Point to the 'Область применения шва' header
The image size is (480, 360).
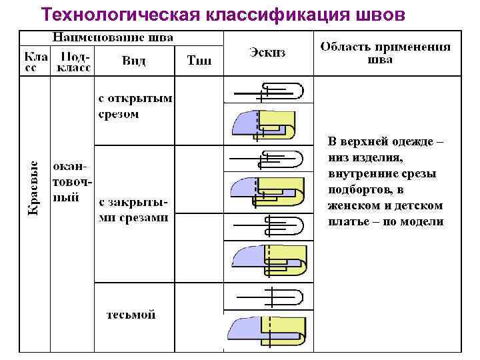[x=385, y=53]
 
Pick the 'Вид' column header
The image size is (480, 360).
[x=134, y=61]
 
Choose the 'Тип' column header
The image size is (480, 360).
[x=199, y=61]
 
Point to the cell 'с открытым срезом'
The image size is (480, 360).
[x=134, y=106]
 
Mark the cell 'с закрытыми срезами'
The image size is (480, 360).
[x=133, y=209]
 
